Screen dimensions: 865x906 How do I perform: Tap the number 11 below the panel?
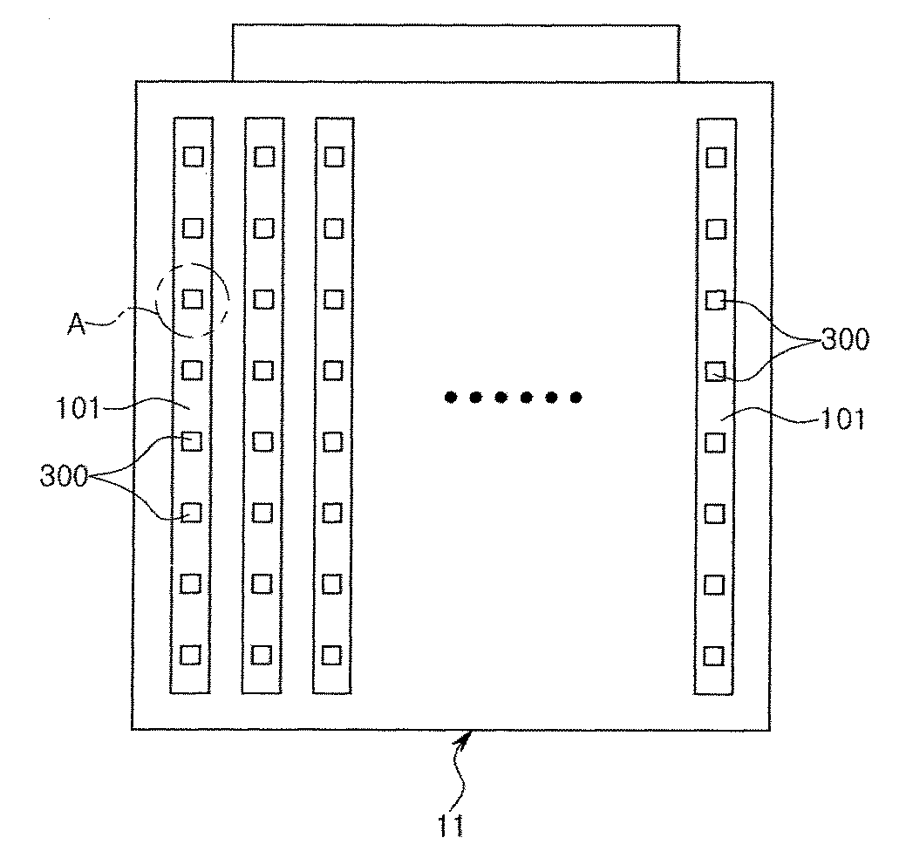click(452, 825)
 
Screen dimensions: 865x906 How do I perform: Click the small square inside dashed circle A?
click(193, 299)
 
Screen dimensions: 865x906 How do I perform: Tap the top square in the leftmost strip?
click(193, 157)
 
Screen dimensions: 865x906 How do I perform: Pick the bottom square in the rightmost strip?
click(714, 655)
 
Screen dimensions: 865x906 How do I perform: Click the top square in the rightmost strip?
click(716, 157)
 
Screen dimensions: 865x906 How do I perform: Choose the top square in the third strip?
click(333, 157)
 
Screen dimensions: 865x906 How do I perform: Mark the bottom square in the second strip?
click(262, 654)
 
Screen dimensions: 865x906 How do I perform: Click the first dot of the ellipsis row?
click(450, 398)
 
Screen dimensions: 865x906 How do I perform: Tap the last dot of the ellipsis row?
click(576, 398)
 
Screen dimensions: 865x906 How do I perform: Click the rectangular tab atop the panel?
click(455, 52)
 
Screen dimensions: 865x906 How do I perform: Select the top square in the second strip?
click(263, 157)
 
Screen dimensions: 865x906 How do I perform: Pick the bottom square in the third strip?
click(331, 654)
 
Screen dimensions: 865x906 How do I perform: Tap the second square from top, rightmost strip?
click(716, 228)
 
